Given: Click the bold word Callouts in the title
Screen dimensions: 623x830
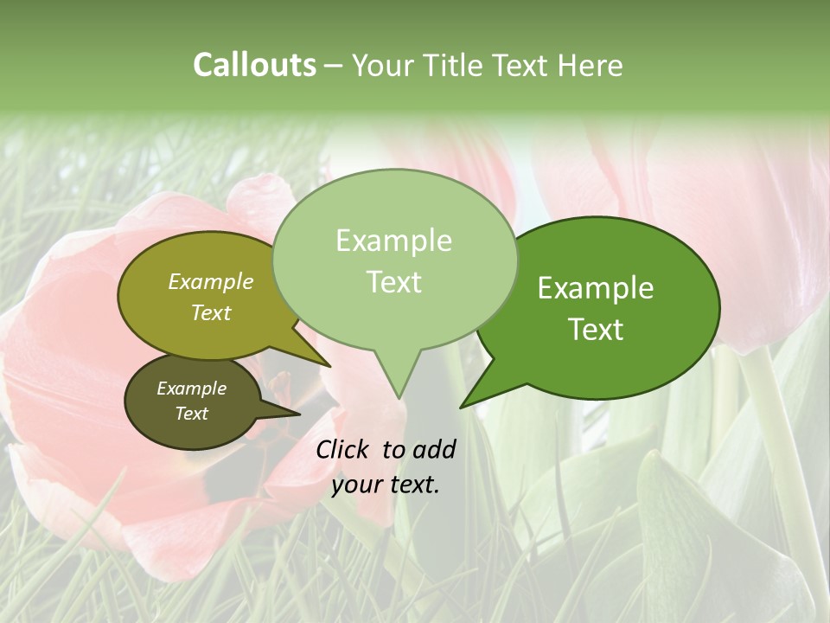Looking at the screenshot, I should point(254,66).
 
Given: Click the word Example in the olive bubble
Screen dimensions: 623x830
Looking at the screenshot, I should point(211,281).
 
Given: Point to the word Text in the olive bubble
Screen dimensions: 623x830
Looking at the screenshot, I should point(211,312).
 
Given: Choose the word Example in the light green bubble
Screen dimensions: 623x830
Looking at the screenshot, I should point(393,241).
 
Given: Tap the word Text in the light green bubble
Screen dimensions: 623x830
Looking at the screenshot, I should point(393,282).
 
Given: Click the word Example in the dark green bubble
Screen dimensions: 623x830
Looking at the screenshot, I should point(596,288).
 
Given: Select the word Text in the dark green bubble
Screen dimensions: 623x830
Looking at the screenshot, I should point(596,330).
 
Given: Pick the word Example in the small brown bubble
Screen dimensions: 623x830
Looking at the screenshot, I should point(191,389).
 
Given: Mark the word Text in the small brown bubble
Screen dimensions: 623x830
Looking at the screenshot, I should point(191,414).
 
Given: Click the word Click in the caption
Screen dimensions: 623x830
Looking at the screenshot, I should point(344,449).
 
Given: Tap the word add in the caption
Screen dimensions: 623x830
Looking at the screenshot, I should point(434,449).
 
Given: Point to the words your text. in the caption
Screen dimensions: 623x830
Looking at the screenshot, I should point(385,485).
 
